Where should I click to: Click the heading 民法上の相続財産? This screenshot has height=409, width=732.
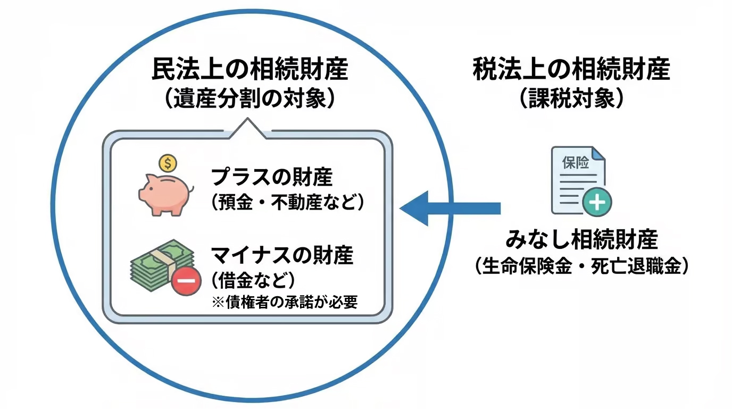click(250, 70)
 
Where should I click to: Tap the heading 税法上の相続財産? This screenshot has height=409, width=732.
click(571, 70)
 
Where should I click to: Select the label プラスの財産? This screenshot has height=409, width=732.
click(272, 177)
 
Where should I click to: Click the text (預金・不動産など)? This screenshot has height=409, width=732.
click(287, 203)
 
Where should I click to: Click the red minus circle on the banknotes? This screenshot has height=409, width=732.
click(186, 280)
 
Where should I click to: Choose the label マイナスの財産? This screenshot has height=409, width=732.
click(282, 255)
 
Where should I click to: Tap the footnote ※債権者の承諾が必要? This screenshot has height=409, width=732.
click(284, 302)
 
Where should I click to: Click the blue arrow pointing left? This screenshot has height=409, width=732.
click(450, 207)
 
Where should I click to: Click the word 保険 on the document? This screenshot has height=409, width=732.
click(575, 163)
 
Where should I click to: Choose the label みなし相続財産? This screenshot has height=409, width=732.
click(581, 240)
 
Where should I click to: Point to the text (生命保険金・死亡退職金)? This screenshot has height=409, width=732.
click(581, 265)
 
